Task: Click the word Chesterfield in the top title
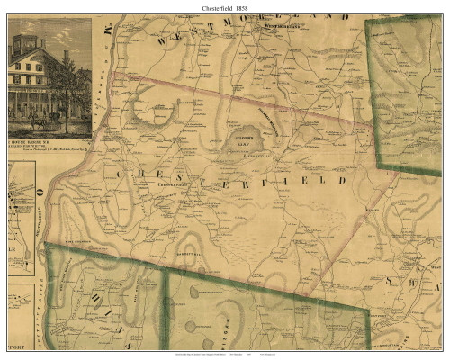pos(220,6)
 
